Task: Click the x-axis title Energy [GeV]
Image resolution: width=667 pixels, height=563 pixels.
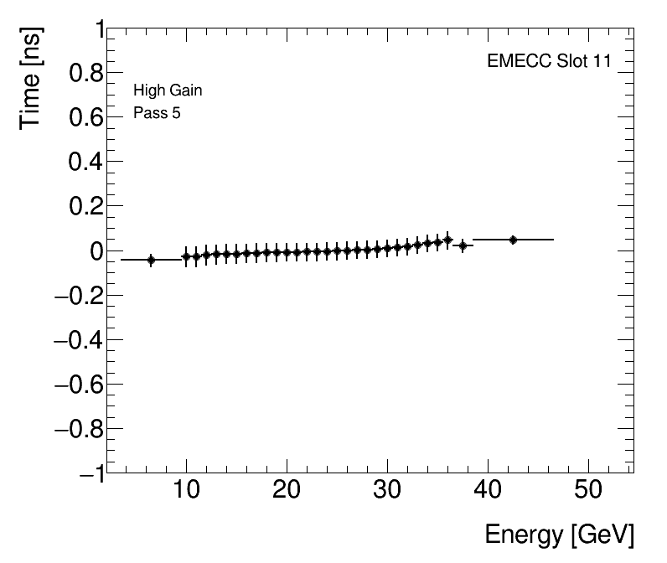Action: point(559,535)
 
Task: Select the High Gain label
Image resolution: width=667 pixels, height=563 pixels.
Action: point(168,90)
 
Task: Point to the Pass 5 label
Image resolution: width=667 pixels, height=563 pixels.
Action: point(157,113)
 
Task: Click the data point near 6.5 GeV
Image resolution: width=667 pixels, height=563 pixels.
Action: point(151,260)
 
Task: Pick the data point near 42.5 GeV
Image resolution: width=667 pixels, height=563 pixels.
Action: point(513,240)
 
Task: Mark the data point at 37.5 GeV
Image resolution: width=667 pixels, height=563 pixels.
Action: point(463,245)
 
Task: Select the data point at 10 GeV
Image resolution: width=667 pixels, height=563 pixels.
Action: point(186,256)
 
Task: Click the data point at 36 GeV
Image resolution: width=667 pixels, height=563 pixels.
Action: point(447,240)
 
